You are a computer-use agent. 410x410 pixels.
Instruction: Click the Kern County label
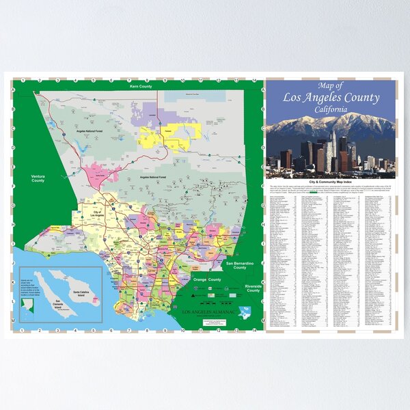139,88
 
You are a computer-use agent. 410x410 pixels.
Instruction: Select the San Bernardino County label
239,265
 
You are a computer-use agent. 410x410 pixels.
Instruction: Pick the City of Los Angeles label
98,215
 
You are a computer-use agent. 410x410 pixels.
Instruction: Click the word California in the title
331,109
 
